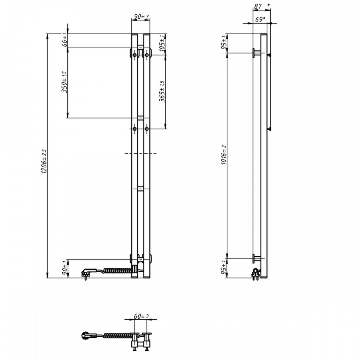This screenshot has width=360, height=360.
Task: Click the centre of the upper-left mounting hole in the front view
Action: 135,55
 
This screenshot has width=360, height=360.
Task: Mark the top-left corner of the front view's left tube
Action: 131,34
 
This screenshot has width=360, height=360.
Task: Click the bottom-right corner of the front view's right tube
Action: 150,278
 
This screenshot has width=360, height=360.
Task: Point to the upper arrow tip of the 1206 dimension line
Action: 47,34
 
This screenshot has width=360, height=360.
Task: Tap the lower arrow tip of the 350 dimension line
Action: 68,118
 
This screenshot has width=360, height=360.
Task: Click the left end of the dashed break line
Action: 125,153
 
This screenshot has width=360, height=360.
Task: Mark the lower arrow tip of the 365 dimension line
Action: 165,129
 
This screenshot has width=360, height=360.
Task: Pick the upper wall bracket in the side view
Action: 257,53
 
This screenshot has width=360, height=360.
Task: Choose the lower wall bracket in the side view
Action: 257,258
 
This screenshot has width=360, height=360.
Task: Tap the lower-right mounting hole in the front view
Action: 147,129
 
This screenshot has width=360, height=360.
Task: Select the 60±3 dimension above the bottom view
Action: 141,316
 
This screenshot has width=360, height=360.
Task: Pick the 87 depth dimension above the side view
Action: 258,6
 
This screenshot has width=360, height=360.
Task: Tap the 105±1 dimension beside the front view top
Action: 162,43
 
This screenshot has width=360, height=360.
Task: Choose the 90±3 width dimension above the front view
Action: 141,17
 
